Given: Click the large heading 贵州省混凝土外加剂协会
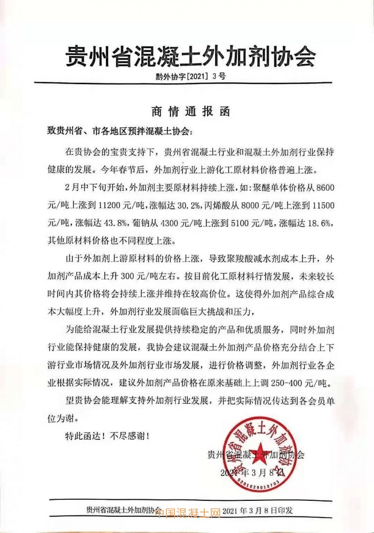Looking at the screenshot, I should [x=189, y=57].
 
